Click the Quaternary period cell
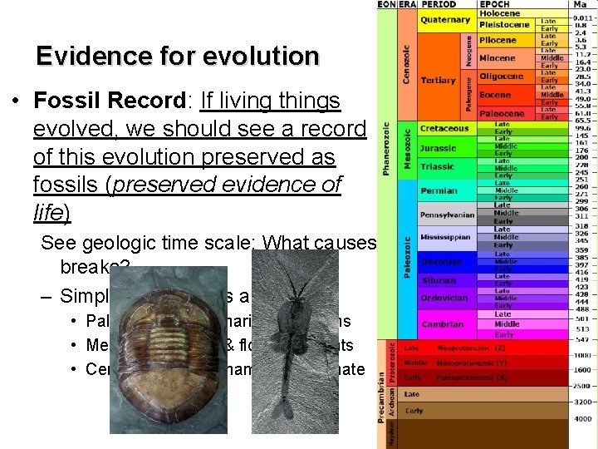click(445, 19)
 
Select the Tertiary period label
click(439, 80)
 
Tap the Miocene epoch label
click(498, 58)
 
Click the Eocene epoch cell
click(496, 96)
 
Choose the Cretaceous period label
click(444, 129)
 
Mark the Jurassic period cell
click(438, 148)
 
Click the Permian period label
click(439, 190)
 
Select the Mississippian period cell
click(446, 237)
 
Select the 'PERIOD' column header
click(441, 5)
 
